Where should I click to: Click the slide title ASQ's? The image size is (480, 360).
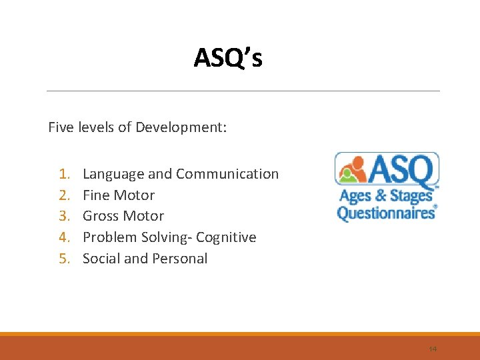228,59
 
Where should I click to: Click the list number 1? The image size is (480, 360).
64,174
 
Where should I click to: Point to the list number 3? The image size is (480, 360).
64,216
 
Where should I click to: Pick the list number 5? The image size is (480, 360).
64,259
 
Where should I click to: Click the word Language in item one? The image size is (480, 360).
113,174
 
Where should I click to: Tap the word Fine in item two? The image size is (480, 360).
96,195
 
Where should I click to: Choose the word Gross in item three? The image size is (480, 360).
101,216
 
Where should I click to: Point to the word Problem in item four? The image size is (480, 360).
109,237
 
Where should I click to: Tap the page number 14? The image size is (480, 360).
433,349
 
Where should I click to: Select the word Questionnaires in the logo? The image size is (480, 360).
385,213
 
